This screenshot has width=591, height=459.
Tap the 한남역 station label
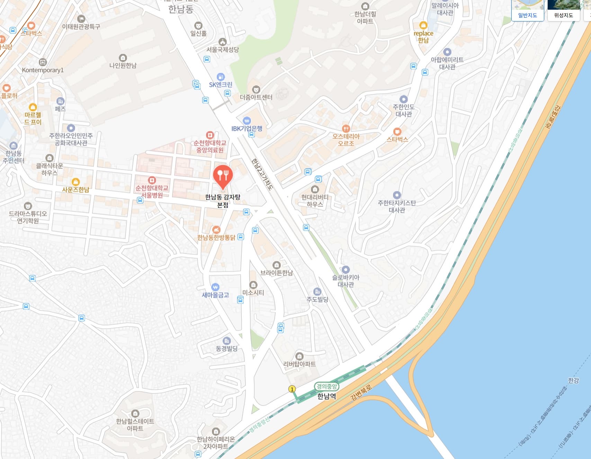click(326, 396)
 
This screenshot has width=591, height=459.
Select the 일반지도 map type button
click(527, 15)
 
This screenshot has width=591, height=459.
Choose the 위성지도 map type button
click(563, 15)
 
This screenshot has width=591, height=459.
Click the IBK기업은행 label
click(247, 129)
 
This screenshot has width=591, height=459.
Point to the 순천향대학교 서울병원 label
click(152, 191)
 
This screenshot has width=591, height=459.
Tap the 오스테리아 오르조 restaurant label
click(346, 140)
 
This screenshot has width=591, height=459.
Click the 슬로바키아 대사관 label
click(346, 281)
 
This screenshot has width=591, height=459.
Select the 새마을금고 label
click(215, 295)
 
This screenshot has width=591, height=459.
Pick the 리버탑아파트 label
click(299, 364)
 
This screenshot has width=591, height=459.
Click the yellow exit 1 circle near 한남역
click(292, 389)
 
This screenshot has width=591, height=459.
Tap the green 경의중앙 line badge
click(326, 386)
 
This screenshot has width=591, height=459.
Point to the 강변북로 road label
click(361, 392)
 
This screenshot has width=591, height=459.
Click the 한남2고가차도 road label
click(262, 174)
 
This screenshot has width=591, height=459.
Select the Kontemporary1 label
click(43, 70)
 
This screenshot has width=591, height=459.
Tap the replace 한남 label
click(423, 36)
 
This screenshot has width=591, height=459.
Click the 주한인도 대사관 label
click(404, 111)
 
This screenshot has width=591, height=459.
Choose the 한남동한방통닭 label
click(216, 237)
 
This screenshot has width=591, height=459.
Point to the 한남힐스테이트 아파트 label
click(135, 425)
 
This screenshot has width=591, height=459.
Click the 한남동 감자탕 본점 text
click(223, 201)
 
